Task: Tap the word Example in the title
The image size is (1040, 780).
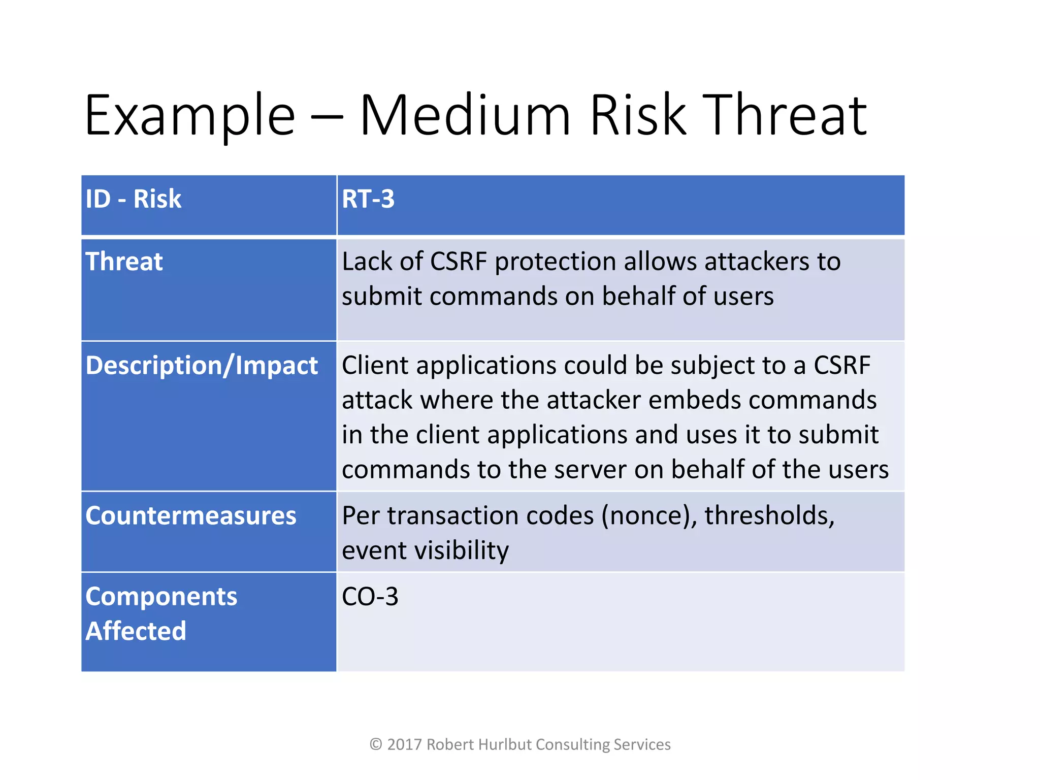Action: tap(189, 118)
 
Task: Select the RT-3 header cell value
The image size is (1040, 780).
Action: tap(368, 199)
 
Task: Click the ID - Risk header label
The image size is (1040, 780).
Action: tap(133, 199)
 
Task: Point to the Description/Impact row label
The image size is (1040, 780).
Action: tap(202, 366)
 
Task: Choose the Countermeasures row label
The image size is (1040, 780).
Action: tap(190, 516)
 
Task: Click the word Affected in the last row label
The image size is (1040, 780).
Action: tap(136, 631)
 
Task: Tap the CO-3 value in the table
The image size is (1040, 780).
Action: tap(370, 597)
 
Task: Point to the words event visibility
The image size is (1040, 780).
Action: tap(425, 551)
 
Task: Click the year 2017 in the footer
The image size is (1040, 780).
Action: tap(404, 744)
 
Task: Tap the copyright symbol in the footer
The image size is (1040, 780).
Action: tap(376, 744)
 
